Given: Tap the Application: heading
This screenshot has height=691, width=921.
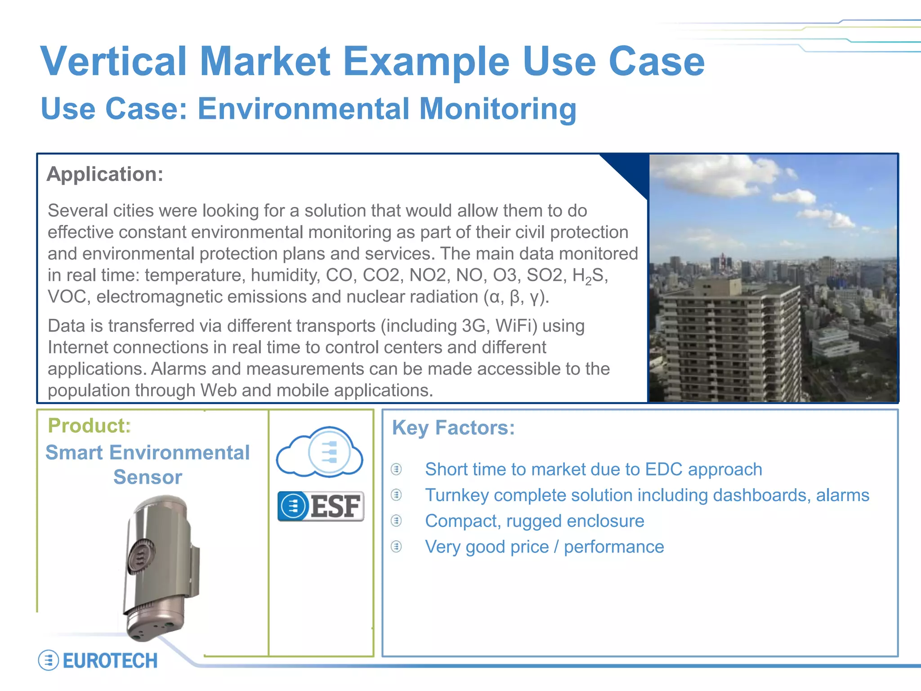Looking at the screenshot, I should click(x=105, y=174).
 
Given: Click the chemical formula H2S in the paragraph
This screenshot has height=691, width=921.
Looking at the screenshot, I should click(x=590, y=275).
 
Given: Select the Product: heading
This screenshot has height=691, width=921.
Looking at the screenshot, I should click(x=89, y=426).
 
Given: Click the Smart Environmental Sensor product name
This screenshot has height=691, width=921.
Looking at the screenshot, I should click(x=148, y=464).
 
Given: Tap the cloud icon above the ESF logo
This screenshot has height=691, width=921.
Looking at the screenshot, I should click(x=320, y=452).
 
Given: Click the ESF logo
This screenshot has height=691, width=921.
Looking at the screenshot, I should click(x=321, y=506).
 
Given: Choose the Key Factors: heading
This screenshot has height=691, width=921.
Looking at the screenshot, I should click(x=453, y=427).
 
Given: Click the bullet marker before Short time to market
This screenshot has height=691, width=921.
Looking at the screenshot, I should click(x=396, y=469).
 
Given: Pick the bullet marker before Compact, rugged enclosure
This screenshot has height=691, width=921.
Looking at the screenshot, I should click(x=396, y=521).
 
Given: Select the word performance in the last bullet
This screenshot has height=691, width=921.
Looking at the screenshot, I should click(x=614, y=547).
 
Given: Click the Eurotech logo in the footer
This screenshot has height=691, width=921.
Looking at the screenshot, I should click(x=98, y=660).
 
